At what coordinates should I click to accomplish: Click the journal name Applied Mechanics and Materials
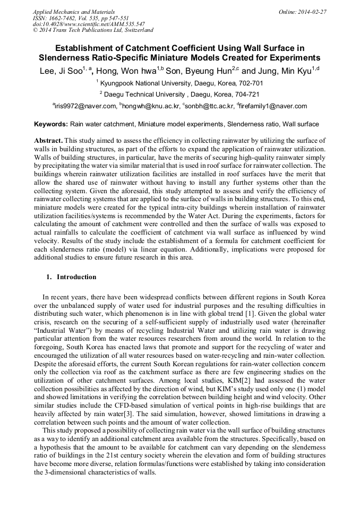tap(74, 11)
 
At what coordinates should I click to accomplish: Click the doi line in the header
tap(89, 24)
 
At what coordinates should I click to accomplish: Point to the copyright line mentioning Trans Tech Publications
tap(93, 30)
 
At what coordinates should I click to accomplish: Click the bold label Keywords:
tap(51, 125)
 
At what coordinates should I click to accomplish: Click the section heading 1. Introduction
tap(71, 277)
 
